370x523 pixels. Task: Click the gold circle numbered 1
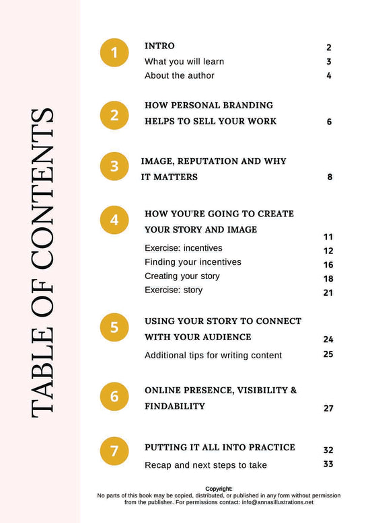pyautogui.click(x=114, y=54)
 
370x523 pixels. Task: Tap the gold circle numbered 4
pyautogui.click(x=114, y=220)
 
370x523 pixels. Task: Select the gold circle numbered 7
pyautogui.click(x=114, y=452)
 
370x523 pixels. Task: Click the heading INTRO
pyautogui.click(x=159, y=46)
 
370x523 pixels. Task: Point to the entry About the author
pyautogui.click(x=180, y=76)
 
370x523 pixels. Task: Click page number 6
pyautogui.click(x=329, y=122)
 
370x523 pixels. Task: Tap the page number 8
pyautogui.click(x=330, y=177)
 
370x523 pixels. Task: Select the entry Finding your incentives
pyautogui.click(x=193, y=262)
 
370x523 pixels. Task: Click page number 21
pyautogui.click(x=328, y=292)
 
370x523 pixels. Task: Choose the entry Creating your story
pyautogui.click(x=182, y=276)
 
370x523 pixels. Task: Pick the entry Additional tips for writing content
pyautogui.click(x=213, y=355)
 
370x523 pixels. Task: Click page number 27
pyautogui.click(x=328, y=408)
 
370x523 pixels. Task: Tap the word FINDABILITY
pyautogui.click(x=175, y=407)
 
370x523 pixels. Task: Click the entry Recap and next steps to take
pyautogui.click(x=206, y=465)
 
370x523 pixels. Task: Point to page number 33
pyautogui.click(x=328, y=464)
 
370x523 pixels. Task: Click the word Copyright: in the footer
pyautogui.click(x=219, y=489)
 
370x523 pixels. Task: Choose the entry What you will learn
pyautogui.click(x=184, y=62)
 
